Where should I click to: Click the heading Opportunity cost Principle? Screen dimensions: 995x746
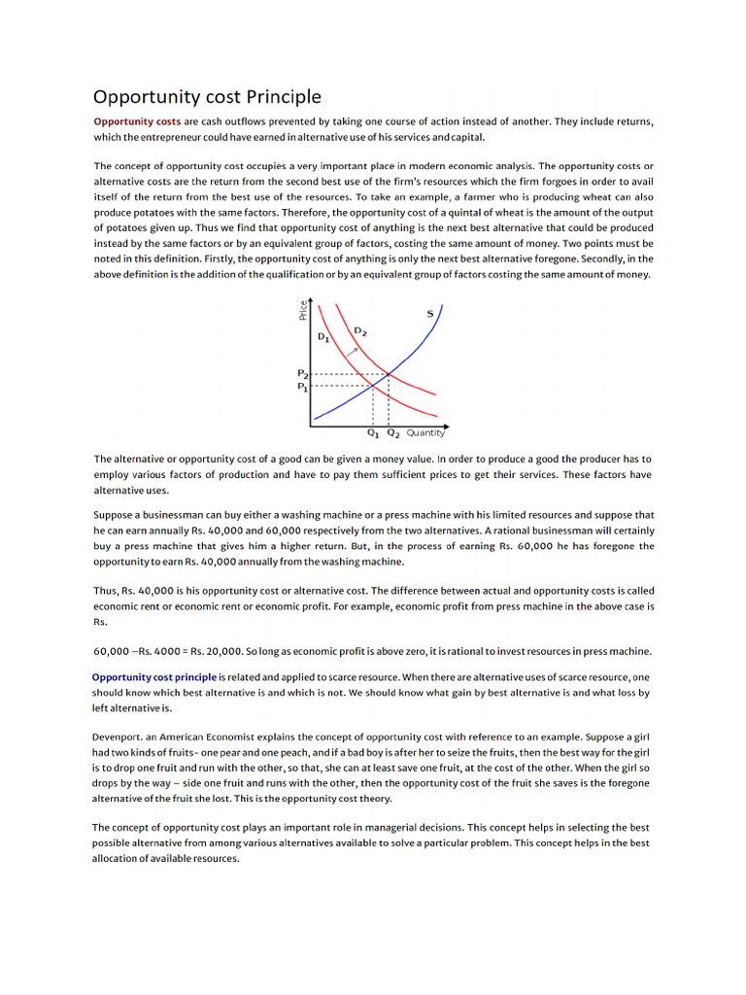point(207,97)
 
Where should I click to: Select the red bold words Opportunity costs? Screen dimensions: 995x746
point(137,121)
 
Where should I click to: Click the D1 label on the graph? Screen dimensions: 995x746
point(323,336)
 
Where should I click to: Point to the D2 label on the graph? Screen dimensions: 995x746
point(359,330)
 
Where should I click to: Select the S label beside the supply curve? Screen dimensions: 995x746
point(430,313)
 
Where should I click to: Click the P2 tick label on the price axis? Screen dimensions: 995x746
point(302,373)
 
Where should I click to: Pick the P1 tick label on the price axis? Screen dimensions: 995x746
point(302,386)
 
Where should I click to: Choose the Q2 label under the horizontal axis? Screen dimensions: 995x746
point(393,433)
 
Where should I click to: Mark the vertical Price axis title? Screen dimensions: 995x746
point(303,309)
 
